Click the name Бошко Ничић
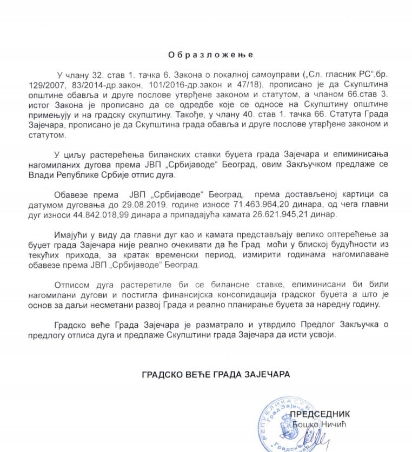click(318, 424)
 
